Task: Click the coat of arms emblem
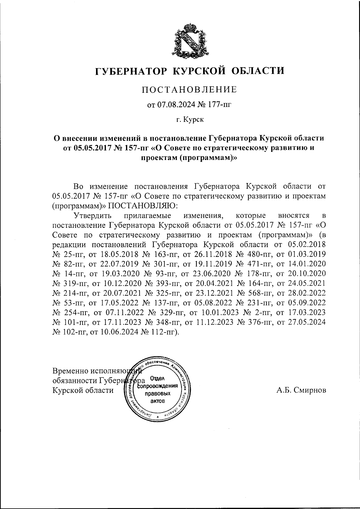click(189, 41)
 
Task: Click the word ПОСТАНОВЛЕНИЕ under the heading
click(189, 89)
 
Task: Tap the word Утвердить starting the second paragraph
click(92, 215)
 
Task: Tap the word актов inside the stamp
click(157, 401)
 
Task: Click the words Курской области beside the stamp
click(83, 390)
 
